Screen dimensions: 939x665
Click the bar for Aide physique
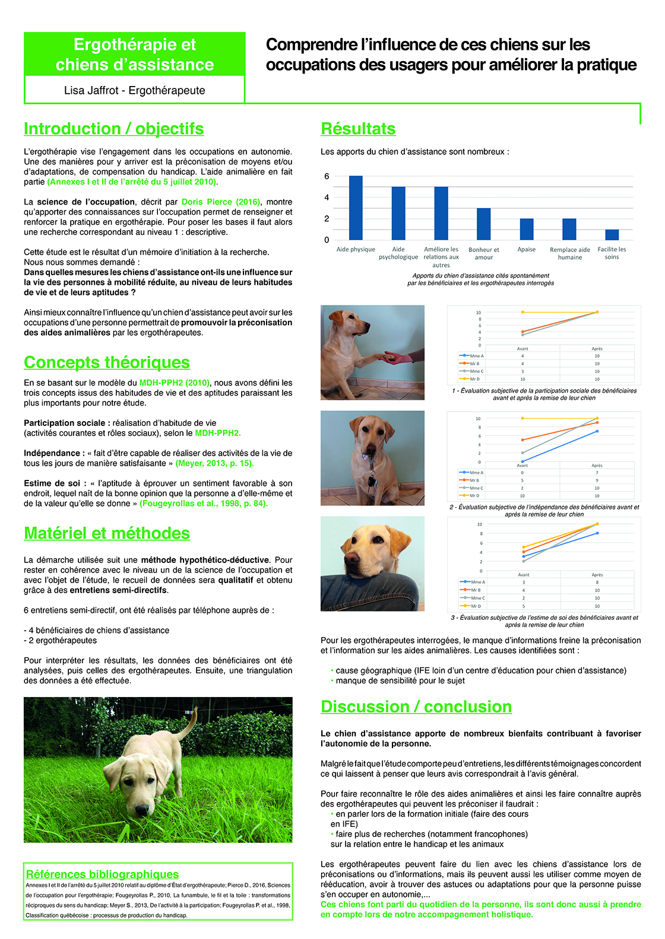pyautogui.click(x=356, y=208)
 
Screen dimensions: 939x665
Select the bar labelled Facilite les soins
pyautogui.click(x=612, y=235)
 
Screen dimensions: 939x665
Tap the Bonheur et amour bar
pyautogui.click(x=483, y=224)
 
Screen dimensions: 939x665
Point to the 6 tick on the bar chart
pyautogui.click(x=327, y=176)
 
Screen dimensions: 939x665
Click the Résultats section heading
pyautogui.click(x=358, y=129)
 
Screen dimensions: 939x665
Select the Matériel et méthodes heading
pyautogui.click(x=107, y=533)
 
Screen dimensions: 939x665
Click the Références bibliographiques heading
pyautogui.click(x=102, y=874)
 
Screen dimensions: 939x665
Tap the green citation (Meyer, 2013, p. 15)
pyautogui.click(x=214, y=463)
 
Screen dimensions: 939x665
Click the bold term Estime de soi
pyautogui.click(x=52, y=483)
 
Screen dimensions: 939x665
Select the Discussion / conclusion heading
pyautogui.click(x=416, y=706)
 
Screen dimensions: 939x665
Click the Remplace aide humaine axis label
pyautogui.click(x=569, y=253)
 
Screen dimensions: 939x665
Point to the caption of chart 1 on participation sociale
pyautogui.click(x=544, y=394)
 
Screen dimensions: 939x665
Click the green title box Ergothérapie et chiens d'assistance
pyautogui.click(x=135, y=55)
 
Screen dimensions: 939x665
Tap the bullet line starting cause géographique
pyautogui.click(x=480, y=670)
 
